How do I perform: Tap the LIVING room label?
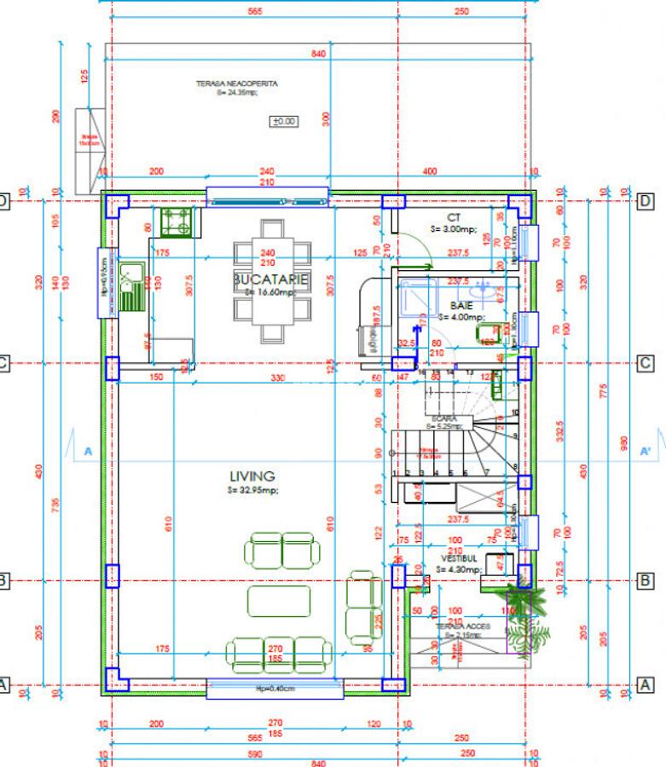pos(252,476)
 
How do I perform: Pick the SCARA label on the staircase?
pos(444,419)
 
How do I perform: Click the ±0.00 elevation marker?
pos(284,121)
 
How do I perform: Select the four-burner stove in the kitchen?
pos(178,222)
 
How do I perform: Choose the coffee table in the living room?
pos(279,601)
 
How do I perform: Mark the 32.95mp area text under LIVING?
pos(252,491)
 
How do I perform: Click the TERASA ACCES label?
pos(458,626)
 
